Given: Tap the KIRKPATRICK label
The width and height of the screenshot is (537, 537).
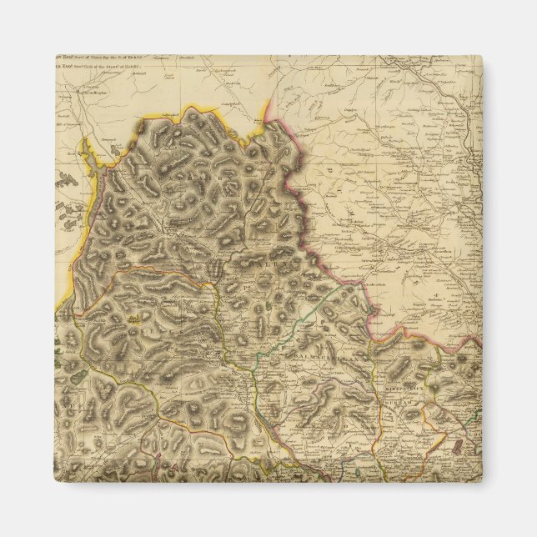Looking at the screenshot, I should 406,389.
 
